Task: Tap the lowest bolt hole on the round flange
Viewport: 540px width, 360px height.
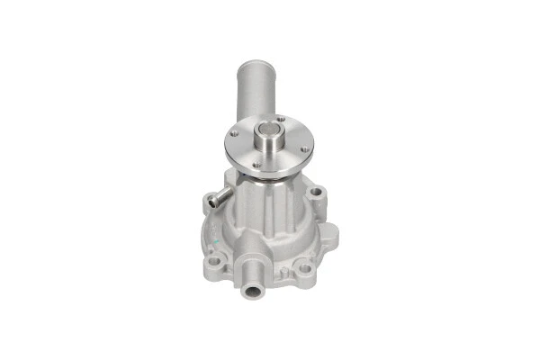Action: pyautogui.click(x=255, y=163)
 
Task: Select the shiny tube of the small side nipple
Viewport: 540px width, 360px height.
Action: pyautogui.click(x=220, y=199)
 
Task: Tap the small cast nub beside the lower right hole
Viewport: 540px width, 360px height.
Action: pyautogui.click(x=290, y=273)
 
